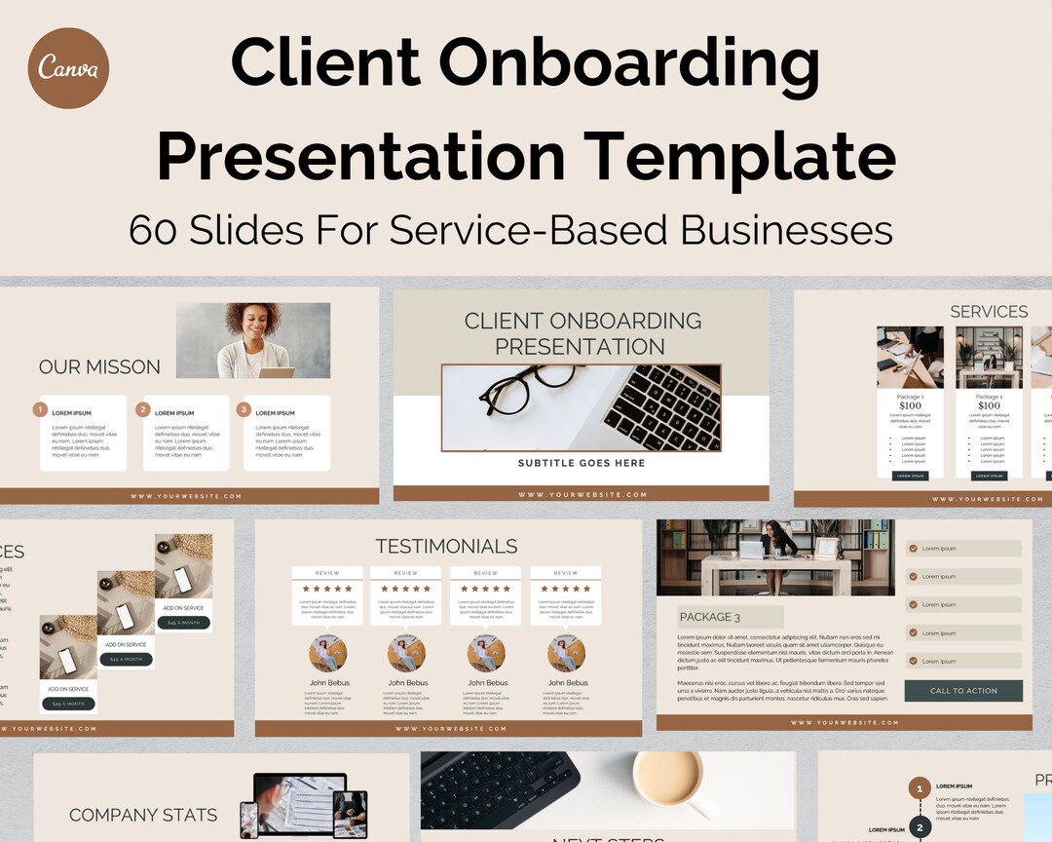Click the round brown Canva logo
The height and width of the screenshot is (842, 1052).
[x=68, y=67]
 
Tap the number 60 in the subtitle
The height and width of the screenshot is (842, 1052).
[x=155, y=230]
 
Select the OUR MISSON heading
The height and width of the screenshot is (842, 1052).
[x=99, y=367]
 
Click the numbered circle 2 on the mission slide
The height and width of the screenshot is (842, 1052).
[x=143, y=410]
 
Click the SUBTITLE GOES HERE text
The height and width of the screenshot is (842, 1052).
[x=582, y=463]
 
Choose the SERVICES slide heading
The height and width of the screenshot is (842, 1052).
[x=989, y=312]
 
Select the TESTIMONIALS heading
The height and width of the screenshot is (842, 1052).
[x=447, y=547]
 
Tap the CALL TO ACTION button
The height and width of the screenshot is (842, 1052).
[x=963, y=691]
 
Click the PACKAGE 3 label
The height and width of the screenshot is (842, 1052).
[x=710, y=617]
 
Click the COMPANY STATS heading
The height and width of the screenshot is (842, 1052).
[x=143, y=815]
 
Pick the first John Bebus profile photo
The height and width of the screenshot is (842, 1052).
[x=328, y=654]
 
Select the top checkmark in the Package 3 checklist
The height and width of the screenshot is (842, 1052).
[x=913, y=549]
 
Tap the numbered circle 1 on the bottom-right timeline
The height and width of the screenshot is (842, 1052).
[x=919, y=788]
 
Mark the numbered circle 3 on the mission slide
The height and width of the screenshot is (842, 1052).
[x=244, y=410]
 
